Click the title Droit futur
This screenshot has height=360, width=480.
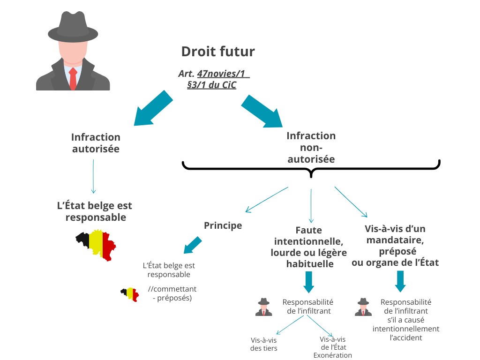pos(218,51)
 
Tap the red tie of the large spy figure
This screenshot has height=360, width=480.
pos(73,78)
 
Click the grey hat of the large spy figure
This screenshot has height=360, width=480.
pos(73,29)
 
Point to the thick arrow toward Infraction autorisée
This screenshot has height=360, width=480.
pos(152,109)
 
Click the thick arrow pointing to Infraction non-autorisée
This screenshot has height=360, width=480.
pos(262,112)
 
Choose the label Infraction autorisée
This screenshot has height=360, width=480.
pos(96,143)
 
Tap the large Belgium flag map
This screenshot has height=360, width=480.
pos(96,245)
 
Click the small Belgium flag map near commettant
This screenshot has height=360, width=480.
pos(129,294)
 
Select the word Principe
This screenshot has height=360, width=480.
pos(223,225)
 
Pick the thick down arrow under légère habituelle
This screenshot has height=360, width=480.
pos(308,281)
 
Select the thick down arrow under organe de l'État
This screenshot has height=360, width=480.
pos(400,281)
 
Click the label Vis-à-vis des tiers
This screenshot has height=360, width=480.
pos(263,345)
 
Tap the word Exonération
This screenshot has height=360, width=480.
pos(333,355)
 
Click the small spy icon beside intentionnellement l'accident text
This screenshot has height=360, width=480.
pos(363,307)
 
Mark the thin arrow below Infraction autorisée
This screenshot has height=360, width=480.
pos(93,176)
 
